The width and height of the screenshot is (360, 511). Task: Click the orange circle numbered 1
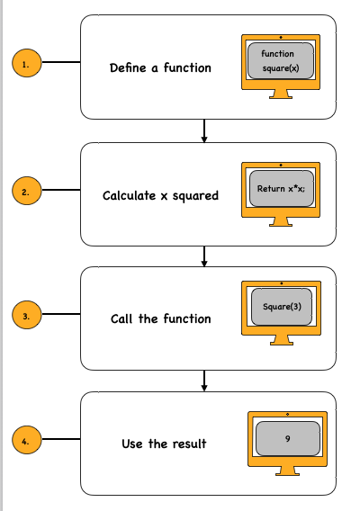[25, 64]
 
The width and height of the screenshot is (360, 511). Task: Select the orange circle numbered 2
[25, 191]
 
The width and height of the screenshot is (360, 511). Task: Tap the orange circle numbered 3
[25, 317]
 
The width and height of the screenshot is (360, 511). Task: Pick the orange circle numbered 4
[25, 442]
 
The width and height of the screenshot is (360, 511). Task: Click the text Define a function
[160, 67]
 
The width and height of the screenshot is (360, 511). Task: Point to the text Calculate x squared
[160, 195]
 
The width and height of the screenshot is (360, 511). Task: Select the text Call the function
[160, 319]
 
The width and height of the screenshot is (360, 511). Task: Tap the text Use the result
[164, 444]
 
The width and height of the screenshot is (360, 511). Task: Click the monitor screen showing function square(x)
[282, 60]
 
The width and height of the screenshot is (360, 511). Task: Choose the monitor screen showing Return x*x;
[282, 188]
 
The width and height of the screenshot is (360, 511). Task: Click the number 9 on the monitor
[287, 437]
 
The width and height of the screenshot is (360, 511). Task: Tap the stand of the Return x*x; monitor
[282, 221]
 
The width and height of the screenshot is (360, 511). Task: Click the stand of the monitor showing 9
[287, 471]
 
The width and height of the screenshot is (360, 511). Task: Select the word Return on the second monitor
[269, 189]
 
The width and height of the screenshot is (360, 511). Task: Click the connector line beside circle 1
[60, 64]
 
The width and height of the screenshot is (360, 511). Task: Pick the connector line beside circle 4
[60, 442]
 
